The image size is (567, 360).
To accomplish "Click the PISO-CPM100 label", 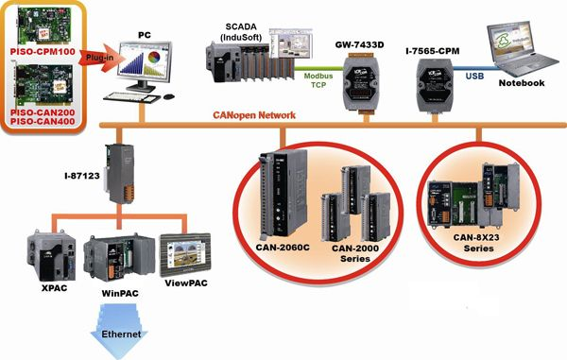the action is tap(43, 51).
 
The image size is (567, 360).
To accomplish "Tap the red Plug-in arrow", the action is tap(97, 57).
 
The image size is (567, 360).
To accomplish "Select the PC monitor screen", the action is tap(145, 60).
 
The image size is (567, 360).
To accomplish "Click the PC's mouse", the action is tap(169, 96).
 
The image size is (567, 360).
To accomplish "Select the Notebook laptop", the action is tap(522, 48).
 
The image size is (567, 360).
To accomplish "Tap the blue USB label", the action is tap(474, 76).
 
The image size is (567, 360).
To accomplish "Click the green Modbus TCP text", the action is tap(318, 80).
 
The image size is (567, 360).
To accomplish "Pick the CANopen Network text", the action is tap(254, 115).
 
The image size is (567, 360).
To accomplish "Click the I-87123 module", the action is tap(120, 174).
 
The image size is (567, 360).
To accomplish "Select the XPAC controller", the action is tap(52, 256).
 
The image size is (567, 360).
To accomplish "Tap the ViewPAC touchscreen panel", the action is tap(185, 255).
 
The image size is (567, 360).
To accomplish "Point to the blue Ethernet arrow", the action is tap(119, 331).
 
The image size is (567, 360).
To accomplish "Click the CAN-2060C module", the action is tap(283, 194).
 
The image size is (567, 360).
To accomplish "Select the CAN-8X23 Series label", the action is tap(479, 243).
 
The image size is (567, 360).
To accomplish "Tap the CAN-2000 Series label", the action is tap(355, 253).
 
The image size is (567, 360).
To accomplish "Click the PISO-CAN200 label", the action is tap(43, 112).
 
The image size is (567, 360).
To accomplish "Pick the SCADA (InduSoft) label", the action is tap(241, 32).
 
